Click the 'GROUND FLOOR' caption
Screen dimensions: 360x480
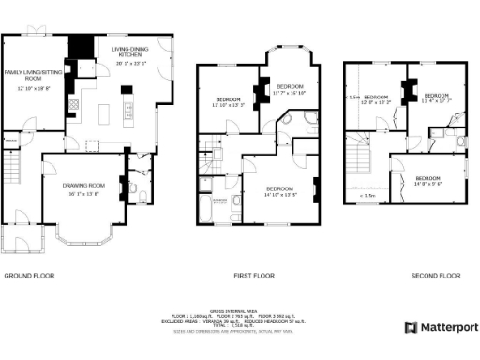[x=30, y=276]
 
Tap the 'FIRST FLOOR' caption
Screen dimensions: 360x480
[x=253, y=276]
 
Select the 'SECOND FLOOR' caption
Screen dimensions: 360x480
[x=436, y=276]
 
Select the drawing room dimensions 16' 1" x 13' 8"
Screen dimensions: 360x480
[x=82, y=193]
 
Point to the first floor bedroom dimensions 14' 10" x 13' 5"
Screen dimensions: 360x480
[x=279, y=195]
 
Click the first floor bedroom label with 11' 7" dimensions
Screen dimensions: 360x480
[x=291, y=86]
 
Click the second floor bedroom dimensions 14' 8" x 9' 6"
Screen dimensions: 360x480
[x=427, y=184]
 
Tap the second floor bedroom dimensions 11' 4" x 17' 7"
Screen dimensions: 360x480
[x=436, y=100]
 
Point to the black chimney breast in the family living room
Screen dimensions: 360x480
[x=82, y=45]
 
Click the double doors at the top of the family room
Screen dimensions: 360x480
[x=37, y=33]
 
